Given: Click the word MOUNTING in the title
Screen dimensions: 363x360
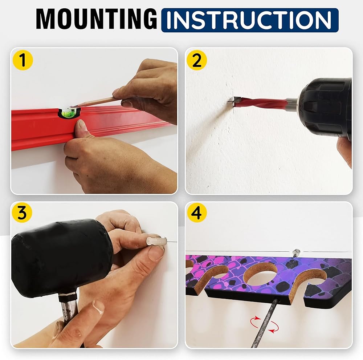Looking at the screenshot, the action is pyautogui.click(x=97, y=19).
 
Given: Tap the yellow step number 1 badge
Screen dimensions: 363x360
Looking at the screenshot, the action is pyautogui.click(x=23, y=60).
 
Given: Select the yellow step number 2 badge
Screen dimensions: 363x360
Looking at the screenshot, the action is pyautogui.click(x=196, y=60).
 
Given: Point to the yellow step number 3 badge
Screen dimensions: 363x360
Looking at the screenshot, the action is pyautogui.click(x=22, y=213).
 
